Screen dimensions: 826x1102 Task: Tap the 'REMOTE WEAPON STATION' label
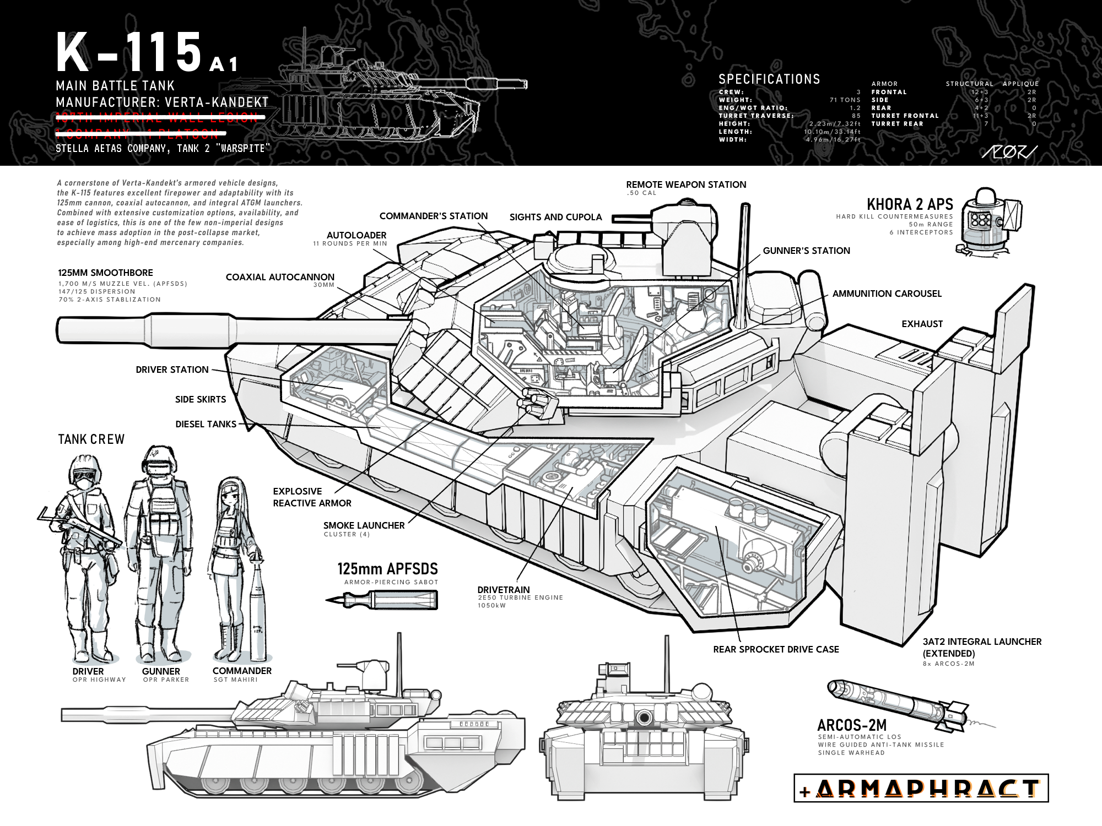[x=686, y=184]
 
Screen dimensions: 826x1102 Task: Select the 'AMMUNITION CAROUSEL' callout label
[x=887, y=294]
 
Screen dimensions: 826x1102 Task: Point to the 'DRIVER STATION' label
[x=172, y=369]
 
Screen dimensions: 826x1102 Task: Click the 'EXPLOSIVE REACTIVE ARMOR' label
[x=312, y=497]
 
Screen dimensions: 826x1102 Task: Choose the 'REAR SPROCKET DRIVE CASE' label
[x=776, y=649]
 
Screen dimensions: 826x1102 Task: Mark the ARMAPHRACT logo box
[x=921, y=789]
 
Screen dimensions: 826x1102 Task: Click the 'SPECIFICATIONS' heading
[x=769, y=79]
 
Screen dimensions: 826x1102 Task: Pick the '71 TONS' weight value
[x=845, y=100]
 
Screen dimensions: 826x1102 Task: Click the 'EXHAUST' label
[x=922, y=324]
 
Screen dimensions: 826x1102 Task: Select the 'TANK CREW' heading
[x=91, y=439]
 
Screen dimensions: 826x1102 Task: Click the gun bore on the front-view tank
[x=643, y=717]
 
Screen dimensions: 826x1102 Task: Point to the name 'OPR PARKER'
[x=166, y=680]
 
